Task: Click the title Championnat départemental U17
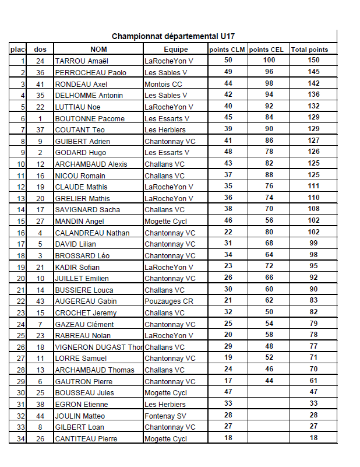(174, 36)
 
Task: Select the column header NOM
(98, 50)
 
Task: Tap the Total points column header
(309, 50)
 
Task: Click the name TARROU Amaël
(82, 61)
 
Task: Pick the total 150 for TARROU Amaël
(313, 61)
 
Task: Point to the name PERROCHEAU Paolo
(90, 72)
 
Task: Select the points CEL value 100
(269, 61)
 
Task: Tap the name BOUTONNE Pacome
(90, 118)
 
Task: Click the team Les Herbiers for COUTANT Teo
(165, 129)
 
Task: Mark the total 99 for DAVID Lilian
(313, 244)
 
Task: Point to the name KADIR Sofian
(77, 267)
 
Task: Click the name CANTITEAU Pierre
(86, 438)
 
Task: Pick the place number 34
(21, 438)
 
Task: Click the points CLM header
(227, 50)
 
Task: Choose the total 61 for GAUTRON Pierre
(313, 381)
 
